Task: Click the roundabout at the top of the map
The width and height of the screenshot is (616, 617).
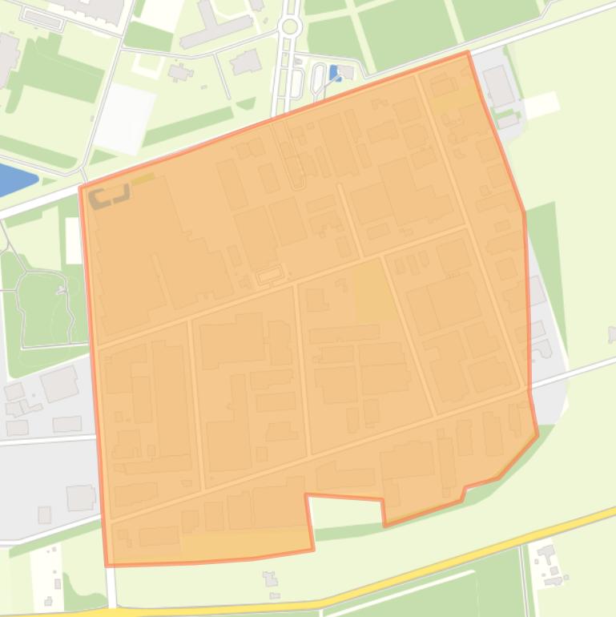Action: pyautogui.click(x=289, y=26)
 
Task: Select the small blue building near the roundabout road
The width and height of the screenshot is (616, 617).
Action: pyautogui.click(x=335, y=73)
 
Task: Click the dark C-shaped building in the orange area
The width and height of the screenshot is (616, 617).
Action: pyautogui.click(x=109, y=196)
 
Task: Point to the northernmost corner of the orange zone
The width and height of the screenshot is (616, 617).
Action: pyautogui.click(x=468, y=53)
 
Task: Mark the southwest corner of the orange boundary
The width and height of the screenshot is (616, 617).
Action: pyautogui.click(x=107, y=565)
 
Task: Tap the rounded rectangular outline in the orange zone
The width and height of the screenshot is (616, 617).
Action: pyautogui.click(x=269, y=276)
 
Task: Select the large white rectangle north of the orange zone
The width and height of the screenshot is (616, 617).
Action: pyautogui.click(x=125, y=118)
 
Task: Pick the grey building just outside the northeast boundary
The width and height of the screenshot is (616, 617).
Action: pyautogui.click(x=497, y=87)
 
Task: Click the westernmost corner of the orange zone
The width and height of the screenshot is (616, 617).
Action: pyautogui.click(x=81, y=188)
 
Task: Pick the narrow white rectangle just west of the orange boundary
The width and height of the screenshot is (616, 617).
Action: pyautogui.click(x=74, y=240)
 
